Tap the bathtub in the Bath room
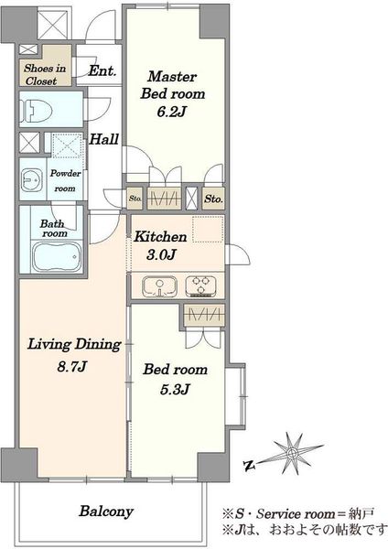point(57,256)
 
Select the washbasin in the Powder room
point(32,179)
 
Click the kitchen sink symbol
point(159,286)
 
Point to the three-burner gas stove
point(200,285)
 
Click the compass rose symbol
point(292,454)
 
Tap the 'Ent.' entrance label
point(102,71)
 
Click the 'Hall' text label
point(104,139)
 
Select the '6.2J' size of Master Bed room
point(171,112)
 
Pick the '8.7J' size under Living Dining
point(72,367)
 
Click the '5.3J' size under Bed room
point(175,389)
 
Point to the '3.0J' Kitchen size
point(160,254)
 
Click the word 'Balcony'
point(106,511)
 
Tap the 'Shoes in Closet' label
point(45,75)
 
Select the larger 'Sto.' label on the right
point(213,199)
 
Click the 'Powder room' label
point(65,180)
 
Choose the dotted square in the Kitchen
point(208,230)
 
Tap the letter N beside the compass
point(249,466)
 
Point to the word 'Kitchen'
point(161,237)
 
